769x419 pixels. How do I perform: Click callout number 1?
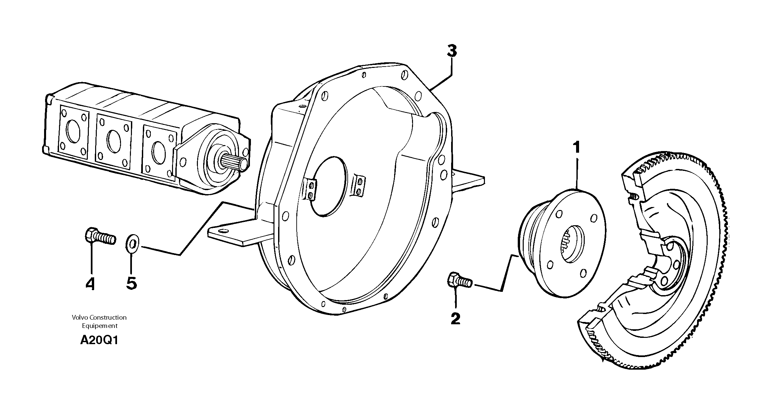[x=577, y=148]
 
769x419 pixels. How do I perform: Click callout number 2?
[x=455, y=319]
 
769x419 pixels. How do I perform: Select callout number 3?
[x=452, y=51]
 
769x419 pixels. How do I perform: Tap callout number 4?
[x=90, y=284]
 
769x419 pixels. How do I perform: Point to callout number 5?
[x=132, y=284]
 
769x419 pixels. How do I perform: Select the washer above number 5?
[x=132, y=244]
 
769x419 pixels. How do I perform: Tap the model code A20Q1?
[x=99, y=340]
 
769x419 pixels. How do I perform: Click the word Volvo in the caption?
[x=79, y=317]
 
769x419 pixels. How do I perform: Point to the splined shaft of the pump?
[x=235, y=164]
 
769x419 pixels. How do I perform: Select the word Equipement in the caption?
[x=100, y=326]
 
